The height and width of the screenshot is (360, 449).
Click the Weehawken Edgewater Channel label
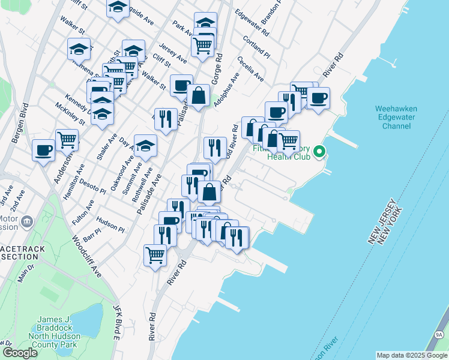(396, 118)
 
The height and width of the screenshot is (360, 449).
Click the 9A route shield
(439, 335)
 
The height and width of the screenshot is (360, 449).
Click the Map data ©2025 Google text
(412, 355)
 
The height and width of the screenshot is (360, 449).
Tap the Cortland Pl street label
(257, 46)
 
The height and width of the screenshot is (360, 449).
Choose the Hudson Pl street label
(110, 225)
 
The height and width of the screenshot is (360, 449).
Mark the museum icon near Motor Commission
(26, 223)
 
